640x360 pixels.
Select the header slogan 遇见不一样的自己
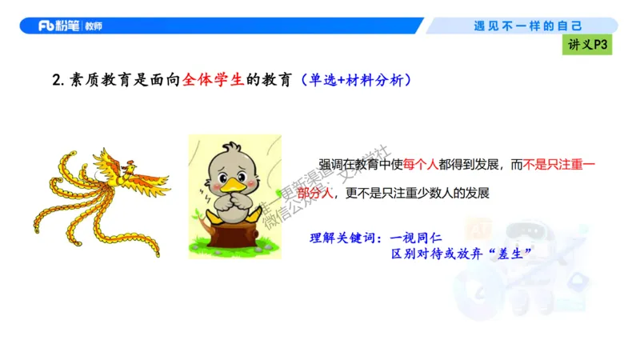tap(528, 26)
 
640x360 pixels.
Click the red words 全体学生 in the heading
tap(210, 80)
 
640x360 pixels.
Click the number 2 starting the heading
tap(56, 80)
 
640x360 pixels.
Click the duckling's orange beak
tap(235, 186)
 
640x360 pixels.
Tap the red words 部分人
tap(314, 193)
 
